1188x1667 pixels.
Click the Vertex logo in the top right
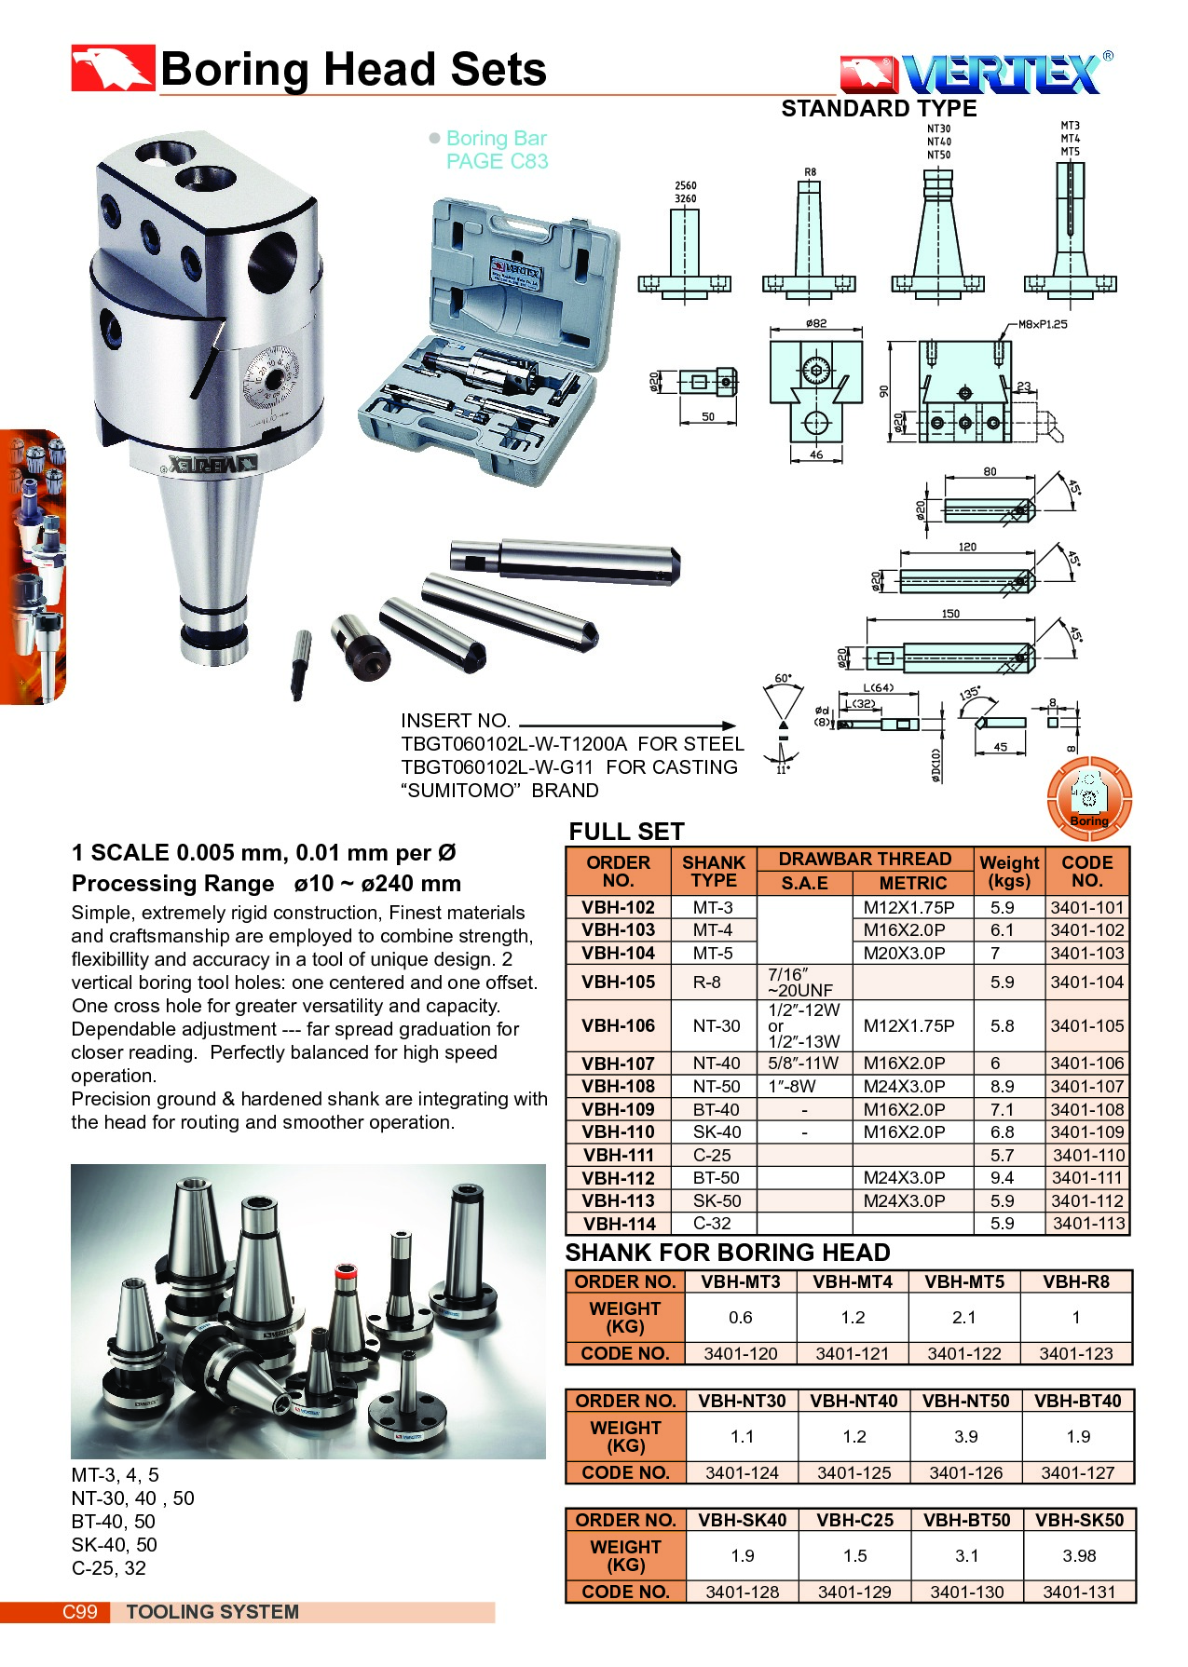(976, 74)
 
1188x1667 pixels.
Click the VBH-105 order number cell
(619, 982)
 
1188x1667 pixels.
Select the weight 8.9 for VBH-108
(1003, 1087)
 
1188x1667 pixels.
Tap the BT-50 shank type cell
(716, 1178)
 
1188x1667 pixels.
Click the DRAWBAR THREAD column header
(865, 859)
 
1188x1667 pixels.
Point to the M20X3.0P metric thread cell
(904, 954)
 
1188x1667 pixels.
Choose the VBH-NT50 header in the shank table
(966, 1401)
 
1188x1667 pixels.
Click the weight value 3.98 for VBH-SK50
(1079, 1556)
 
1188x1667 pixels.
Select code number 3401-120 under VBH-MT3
(741, 1353)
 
